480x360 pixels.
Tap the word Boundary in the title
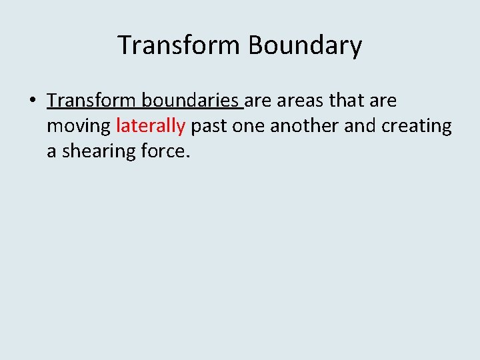305,45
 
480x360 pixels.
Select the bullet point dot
32,101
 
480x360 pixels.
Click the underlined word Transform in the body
89,101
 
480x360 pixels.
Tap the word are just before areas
258,101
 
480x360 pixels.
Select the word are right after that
383,101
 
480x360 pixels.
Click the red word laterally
150,126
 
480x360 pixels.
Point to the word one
249,126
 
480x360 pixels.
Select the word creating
417,126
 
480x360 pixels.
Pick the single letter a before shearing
51,151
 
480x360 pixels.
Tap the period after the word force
188,157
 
